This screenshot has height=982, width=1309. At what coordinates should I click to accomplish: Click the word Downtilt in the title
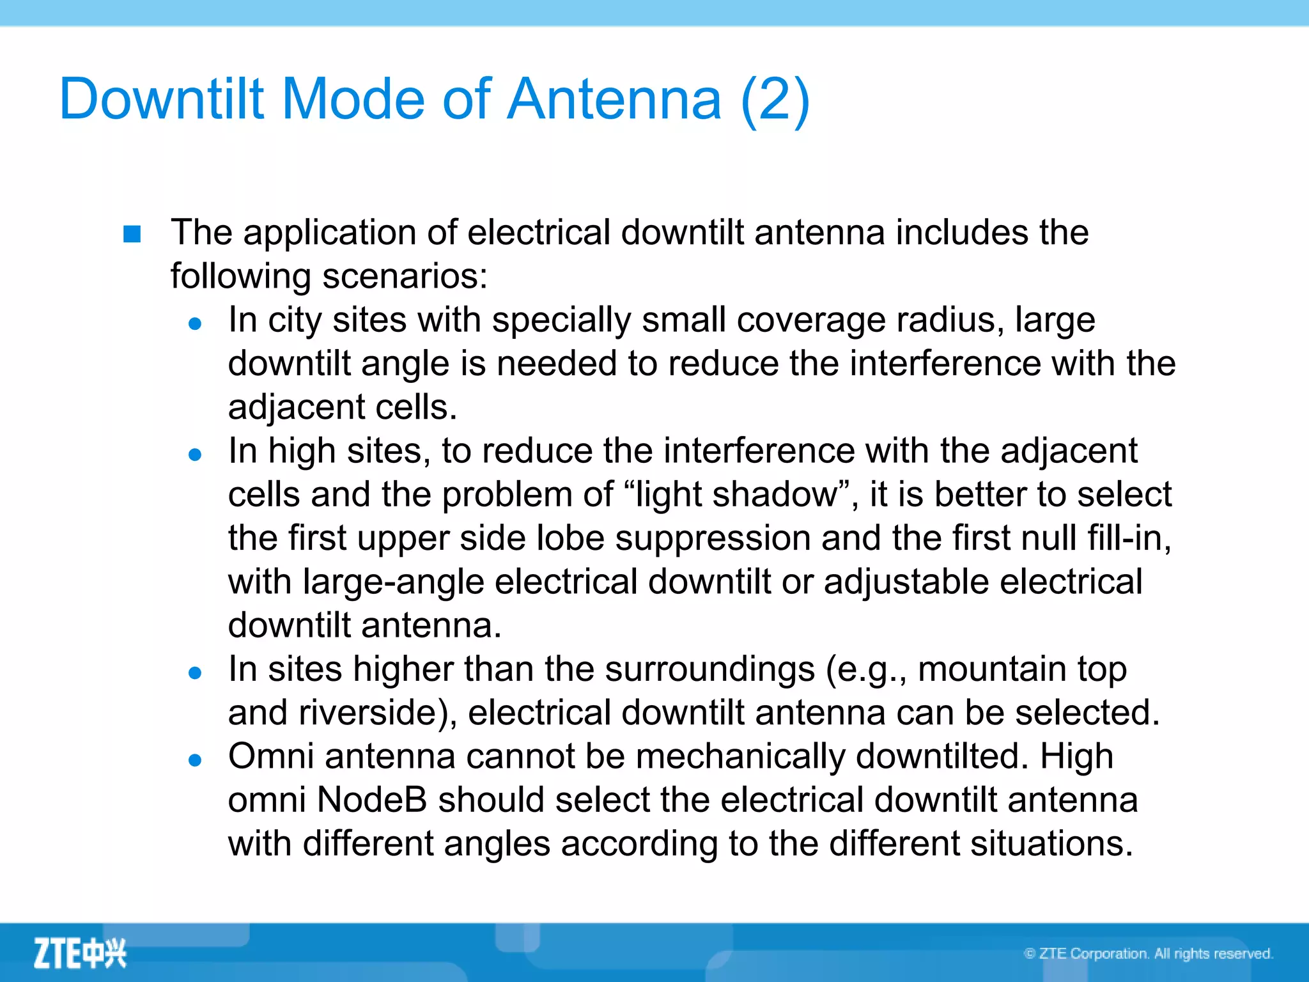[161, 99]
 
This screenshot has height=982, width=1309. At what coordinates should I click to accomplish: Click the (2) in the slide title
[775, 99]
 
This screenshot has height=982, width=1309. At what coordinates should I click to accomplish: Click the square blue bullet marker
[132, 234]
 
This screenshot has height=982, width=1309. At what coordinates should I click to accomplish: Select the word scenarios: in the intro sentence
[405, 276]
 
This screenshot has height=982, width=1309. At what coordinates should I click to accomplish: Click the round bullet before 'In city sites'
[196, 323]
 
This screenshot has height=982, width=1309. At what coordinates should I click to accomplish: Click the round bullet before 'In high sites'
[196, 455]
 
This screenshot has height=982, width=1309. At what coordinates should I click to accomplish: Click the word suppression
[713, 538]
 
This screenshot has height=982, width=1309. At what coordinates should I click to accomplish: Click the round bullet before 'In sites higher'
[196, 673]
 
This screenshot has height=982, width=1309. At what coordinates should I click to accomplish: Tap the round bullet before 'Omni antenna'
[196, 760]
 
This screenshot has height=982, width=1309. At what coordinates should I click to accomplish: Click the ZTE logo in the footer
[80, 953]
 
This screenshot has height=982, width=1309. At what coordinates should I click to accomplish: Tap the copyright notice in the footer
[1148, 954]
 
